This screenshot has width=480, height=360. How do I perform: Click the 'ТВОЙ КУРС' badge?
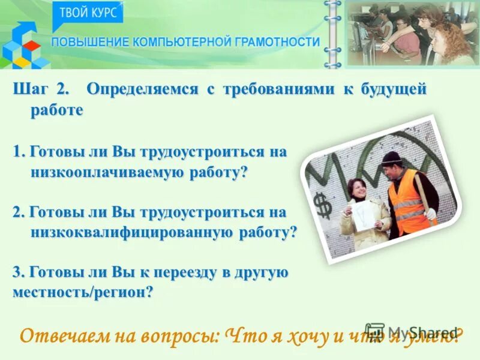pos(88,13)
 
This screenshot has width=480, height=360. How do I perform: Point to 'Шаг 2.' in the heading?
pos(41,90)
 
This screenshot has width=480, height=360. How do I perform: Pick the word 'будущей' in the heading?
pos(393,90)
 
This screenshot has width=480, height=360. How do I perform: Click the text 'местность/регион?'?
pos(83,293)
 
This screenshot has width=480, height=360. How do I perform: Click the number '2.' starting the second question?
pos(18,212)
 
